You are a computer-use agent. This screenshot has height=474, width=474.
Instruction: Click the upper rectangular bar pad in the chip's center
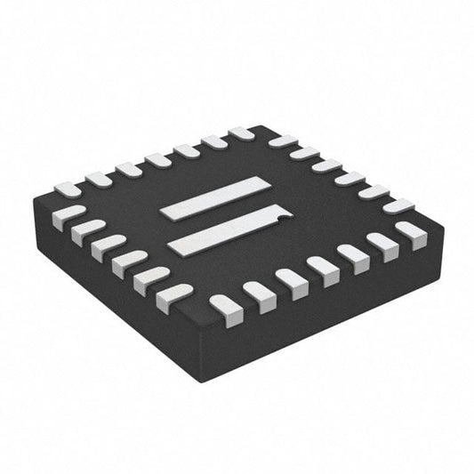click(x=214, y=197)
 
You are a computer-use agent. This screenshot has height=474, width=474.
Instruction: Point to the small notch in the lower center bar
click(x=280, y=213)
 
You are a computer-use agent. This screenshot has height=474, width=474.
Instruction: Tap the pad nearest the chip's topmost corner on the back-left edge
click(x=241, y=134)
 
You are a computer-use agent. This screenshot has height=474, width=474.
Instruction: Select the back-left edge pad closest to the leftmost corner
click(x=68, y=189)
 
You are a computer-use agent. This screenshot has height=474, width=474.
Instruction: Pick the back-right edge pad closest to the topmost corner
click(x=282, y=141)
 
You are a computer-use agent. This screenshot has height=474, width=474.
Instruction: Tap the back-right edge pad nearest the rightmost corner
click(x=398, y=205)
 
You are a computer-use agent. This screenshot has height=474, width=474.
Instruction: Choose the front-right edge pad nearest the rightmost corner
click(x=410, y=234)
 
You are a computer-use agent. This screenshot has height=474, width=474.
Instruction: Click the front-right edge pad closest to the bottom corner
click(x=226, y=307)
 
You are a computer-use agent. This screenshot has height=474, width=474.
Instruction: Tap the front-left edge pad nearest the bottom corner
click(x=174, y=295)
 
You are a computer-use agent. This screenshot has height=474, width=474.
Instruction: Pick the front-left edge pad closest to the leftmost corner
click(x=68, y=217)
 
